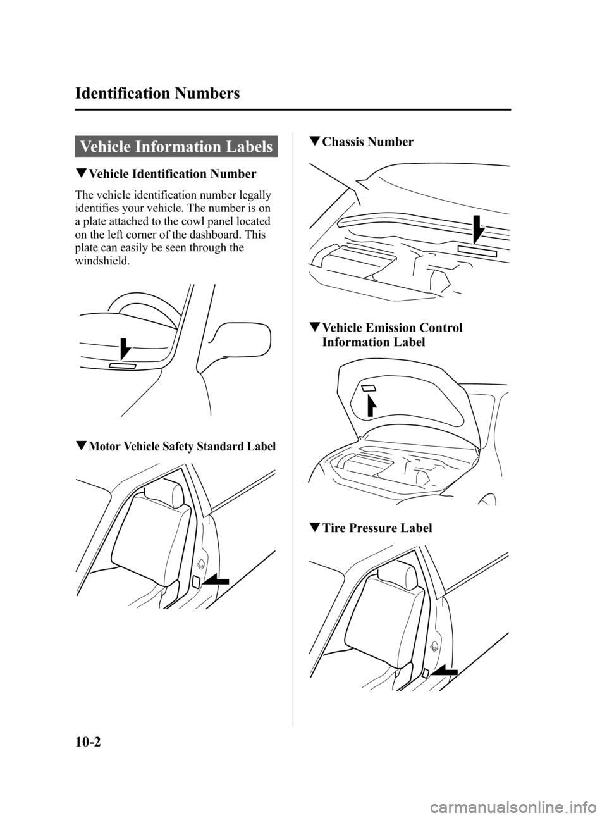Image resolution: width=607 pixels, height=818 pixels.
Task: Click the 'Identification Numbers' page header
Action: [157, 94]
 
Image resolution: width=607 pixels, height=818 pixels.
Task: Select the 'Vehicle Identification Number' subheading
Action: [171, 174]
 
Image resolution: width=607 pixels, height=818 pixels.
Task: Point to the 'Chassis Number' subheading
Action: [367, 142]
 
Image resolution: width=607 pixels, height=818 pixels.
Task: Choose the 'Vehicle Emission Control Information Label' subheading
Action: [391, 335]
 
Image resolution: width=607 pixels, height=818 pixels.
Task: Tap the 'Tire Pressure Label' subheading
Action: [377, 528]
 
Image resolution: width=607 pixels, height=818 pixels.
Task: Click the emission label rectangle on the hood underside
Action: [369, 387]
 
